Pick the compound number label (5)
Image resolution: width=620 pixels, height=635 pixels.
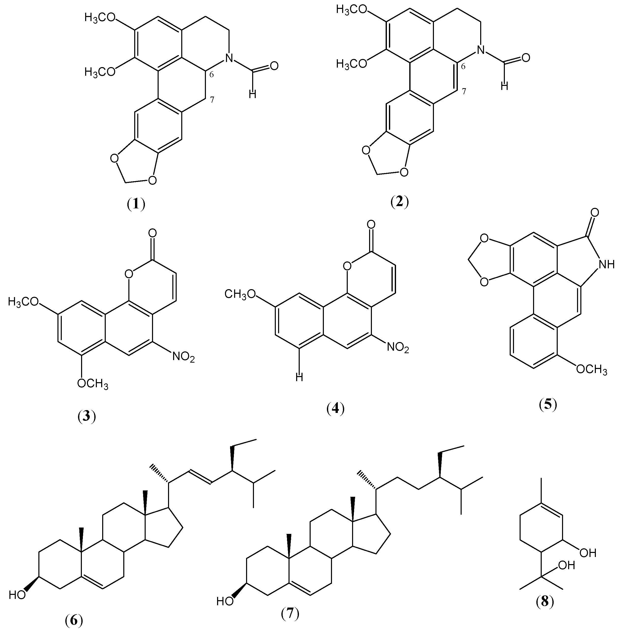(548, 405)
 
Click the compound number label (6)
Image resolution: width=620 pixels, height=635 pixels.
(74, 621)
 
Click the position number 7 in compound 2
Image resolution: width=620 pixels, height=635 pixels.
(464, 91)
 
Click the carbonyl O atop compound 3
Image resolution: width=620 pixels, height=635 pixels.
(153, 233)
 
